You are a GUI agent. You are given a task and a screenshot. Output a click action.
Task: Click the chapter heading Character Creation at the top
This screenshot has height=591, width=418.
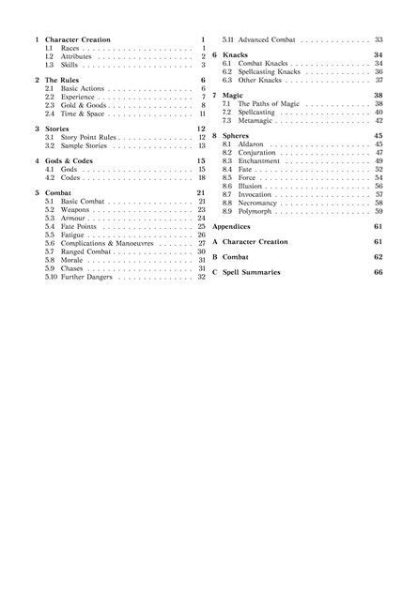coord(78,40)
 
